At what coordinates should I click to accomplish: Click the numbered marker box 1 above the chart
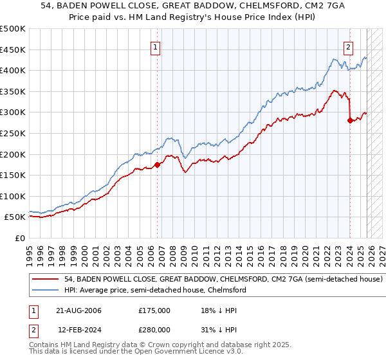tap(156, 46)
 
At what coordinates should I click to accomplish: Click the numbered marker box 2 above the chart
tap(348, 46)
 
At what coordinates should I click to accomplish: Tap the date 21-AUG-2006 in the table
tap(78, 310)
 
